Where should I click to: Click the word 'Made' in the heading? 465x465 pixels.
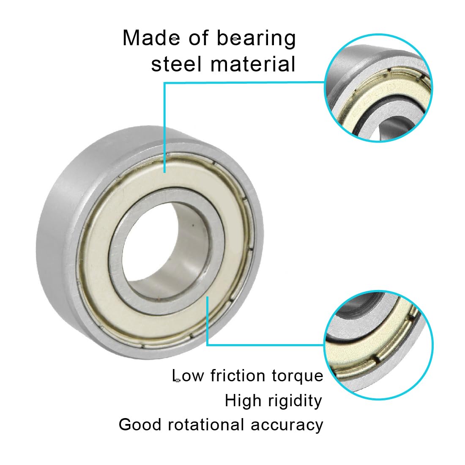[x=151, y=38]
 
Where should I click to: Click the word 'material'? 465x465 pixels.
[x=253, y=64]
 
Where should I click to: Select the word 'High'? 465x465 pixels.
[x=243, y=401]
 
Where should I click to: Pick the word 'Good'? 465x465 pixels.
[x=140, y=424]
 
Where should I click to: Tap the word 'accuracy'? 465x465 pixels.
[x=287, y=426]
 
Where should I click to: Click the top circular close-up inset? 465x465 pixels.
[x=379, y=88]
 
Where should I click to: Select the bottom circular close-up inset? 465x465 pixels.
[x=378, y=345]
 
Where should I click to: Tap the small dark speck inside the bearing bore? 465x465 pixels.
[x=193, y=225]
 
